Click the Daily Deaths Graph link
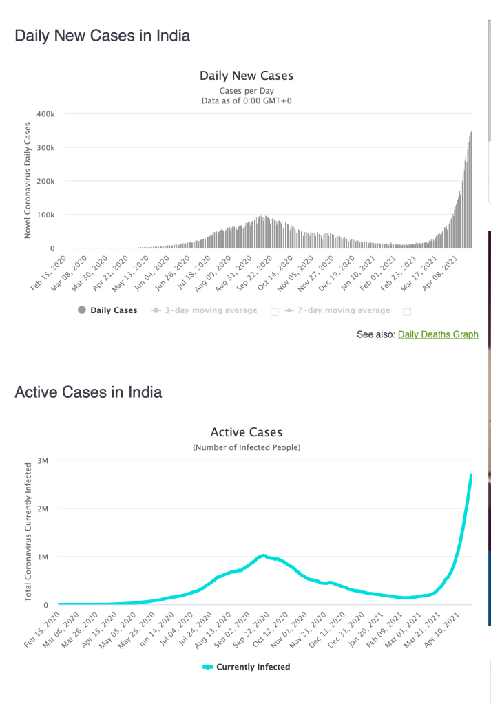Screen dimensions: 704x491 (438, 334)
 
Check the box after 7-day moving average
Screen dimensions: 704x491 (407, 311)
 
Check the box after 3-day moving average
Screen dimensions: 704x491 (275, 311)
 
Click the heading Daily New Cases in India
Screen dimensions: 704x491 (103, 35)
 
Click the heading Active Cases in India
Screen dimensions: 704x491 (88, 392)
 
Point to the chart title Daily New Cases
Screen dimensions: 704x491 (247, 76)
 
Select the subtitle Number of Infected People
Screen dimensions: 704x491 (247, 447)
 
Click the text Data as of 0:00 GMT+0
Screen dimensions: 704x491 (247, 100)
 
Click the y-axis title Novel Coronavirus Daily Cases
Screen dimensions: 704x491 (28, 180)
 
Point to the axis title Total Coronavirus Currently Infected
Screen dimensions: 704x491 (28, 532)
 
